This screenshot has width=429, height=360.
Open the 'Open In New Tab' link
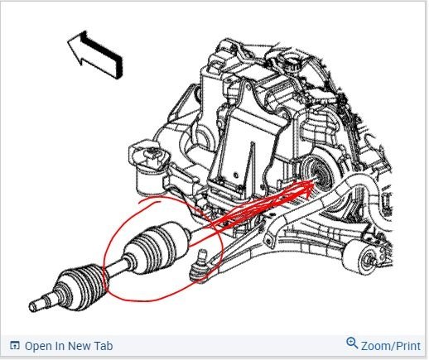(x=68, y=345)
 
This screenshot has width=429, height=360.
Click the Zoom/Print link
(x=388, y=344)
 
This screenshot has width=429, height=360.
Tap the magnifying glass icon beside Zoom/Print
(x=352, y=343)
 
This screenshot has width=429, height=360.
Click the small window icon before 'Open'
(x=13, y=346)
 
